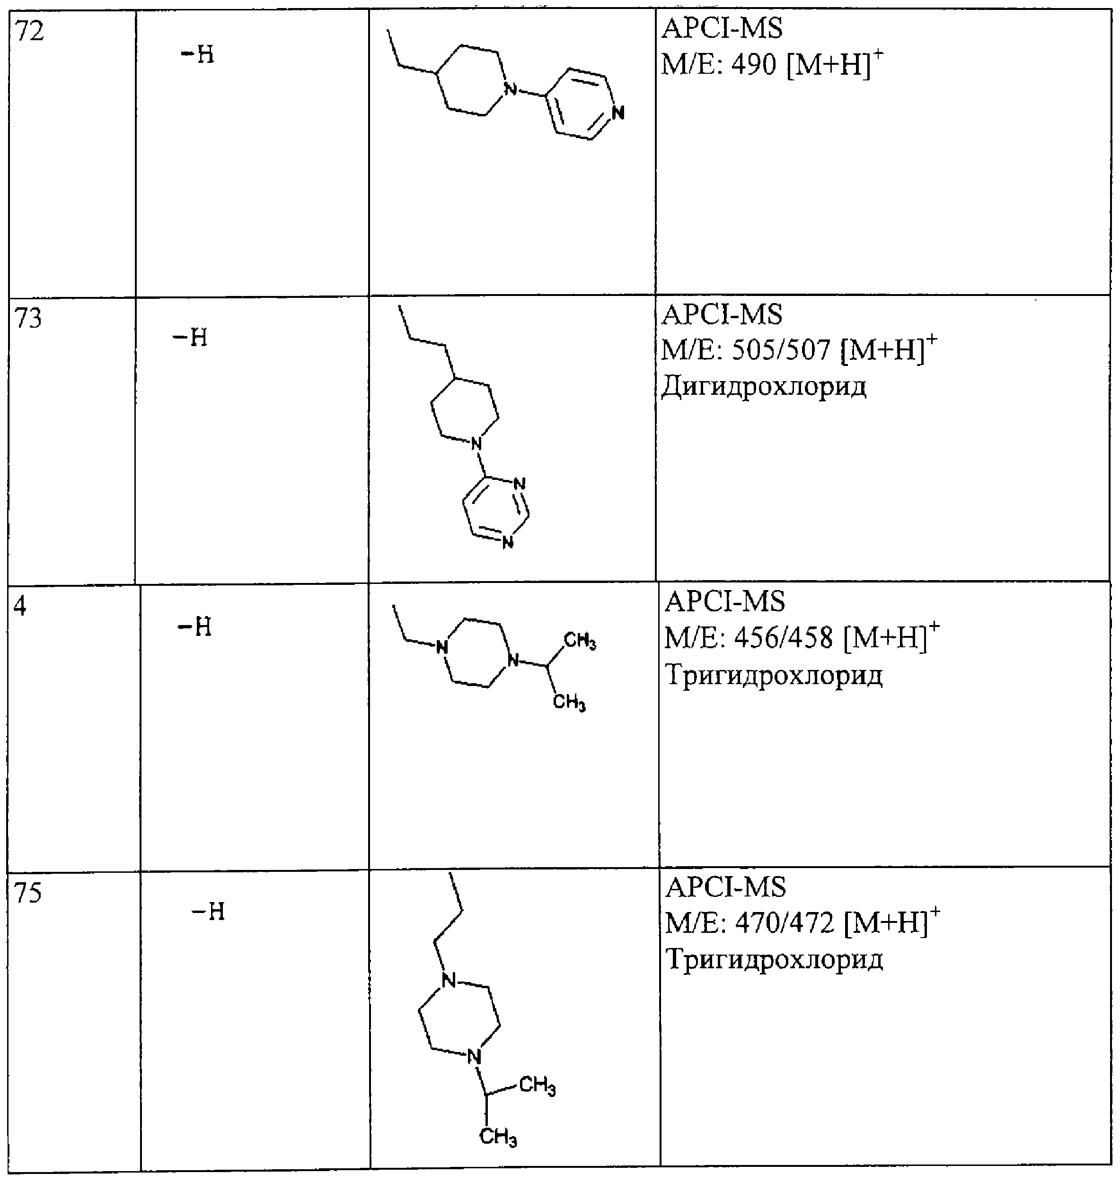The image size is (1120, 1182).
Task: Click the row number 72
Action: pyautogui.click(x=29, y=31)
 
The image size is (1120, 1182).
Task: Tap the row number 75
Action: pyautogui.click(x=28, y=893)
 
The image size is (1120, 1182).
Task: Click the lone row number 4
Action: pyautogui.click(x=20, y=606)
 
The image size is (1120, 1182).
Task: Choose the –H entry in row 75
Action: pyautogui.click(x=208, y=912)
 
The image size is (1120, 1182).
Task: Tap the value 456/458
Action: pyautogui.click(x=783, y=638)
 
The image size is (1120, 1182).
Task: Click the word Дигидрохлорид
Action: pyautogui.click(x=764, y=387)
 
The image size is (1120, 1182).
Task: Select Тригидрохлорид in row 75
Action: pyautogui.click(x=774, y=959)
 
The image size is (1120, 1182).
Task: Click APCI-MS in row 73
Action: pyautogui.click(x=722, y=314)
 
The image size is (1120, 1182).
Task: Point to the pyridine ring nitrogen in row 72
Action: pyautogui.click(x=618, y=112)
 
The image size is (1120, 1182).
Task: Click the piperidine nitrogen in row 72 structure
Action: pyautogui.click(x=510, y=89)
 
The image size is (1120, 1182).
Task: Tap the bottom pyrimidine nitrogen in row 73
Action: pyautogui.click(x=507, y=542)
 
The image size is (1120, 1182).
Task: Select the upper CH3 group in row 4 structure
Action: pyautogui.click(x=580, y=642)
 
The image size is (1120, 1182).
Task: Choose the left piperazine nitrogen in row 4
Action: pyautogui.click(x=442, y=647)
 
